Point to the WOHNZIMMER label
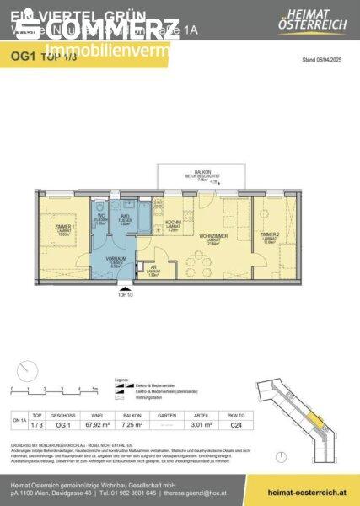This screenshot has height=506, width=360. tap(214, 238)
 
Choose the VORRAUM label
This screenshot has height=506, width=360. tap(116, 260)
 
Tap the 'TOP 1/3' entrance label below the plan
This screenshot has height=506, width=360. tap(126, 294)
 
